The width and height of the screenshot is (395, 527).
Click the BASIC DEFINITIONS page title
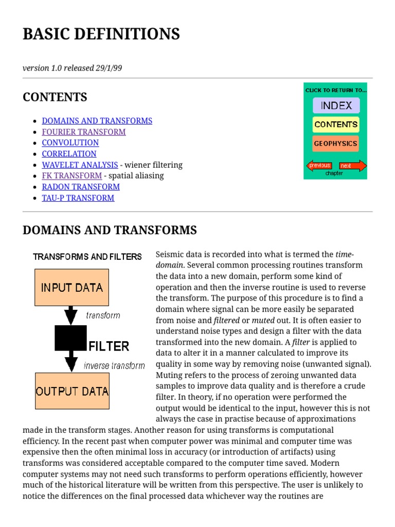click(101, 34)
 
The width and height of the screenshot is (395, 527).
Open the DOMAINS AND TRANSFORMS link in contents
click(97, 120)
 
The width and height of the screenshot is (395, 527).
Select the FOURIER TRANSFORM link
click(83, 132)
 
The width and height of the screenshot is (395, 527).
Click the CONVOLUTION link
click(70, 143)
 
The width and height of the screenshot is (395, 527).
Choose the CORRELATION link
click(69, 153)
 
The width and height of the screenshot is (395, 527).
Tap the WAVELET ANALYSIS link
click(80, 165)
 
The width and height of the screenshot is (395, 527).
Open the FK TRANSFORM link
click(71, 175)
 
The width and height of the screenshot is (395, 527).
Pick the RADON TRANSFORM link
click(80, 186)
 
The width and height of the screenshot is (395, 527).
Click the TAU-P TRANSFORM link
click(78, 198)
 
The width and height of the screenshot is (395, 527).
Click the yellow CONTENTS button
click(336, 125)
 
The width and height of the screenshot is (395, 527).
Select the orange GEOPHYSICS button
click(336, 144)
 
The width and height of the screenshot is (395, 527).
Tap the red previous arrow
click(319, 166)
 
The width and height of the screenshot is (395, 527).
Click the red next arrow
click(353, 166)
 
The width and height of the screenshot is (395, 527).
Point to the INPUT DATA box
click(71, 287)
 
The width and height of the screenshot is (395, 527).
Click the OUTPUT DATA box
click(71, 391)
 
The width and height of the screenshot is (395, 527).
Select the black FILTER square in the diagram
click(70, 338)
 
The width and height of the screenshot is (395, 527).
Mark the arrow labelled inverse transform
click(71, 363)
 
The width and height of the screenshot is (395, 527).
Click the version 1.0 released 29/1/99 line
click(72, 68)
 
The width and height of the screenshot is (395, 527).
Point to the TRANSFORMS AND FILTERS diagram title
click(87, 256)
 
